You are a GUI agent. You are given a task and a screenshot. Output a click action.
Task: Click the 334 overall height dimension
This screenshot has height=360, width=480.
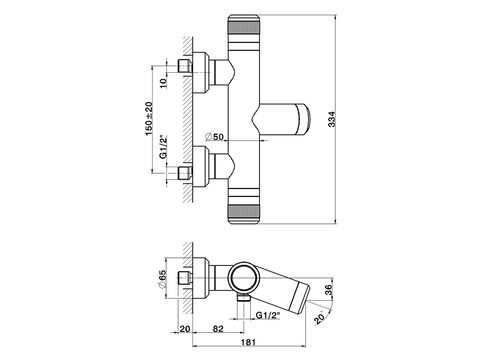[x=332, y=119]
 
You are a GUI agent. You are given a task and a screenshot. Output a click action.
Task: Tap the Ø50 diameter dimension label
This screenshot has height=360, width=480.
[x=214, y=137]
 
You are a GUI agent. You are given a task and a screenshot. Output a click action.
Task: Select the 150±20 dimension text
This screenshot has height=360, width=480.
[x=149, y=119]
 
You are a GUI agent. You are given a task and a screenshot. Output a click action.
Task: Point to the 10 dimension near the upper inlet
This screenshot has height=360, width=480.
[x=163, y=83]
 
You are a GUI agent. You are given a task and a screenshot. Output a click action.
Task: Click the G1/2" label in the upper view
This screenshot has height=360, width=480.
[x=163, y=146]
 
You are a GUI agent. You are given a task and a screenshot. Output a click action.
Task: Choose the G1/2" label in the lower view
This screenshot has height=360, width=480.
[x=268, y=315]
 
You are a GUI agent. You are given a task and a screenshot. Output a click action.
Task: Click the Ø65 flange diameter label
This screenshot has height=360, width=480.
[x=162, y=279]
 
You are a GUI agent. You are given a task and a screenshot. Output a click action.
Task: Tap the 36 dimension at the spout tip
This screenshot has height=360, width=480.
[x=328, y=289]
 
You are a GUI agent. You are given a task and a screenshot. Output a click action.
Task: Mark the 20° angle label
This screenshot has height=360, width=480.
[x=320, y=318]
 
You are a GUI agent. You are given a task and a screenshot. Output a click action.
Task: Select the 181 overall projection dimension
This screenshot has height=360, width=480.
[x=248, y=342]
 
